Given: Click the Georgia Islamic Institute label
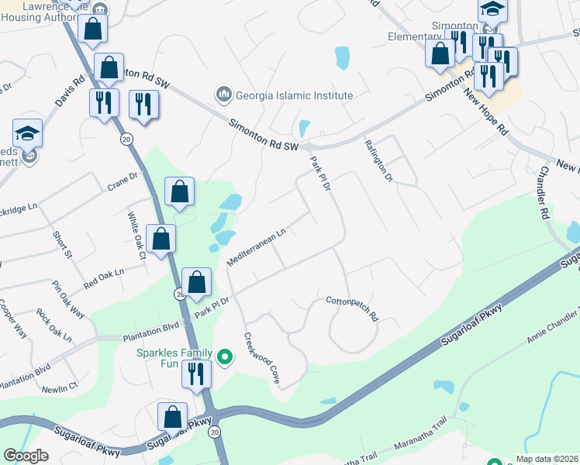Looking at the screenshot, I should (x=294, y=95).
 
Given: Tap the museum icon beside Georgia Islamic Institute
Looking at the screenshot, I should (x=224, y=95).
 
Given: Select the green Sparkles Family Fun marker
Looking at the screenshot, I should (x=225, y=357).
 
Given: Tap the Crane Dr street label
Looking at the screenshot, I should (x=122, y=180).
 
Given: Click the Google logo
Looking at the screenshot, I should (x=26, y=456).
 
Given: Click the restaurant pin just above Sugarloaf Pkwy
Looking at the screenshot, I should (x=197, y=375).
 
